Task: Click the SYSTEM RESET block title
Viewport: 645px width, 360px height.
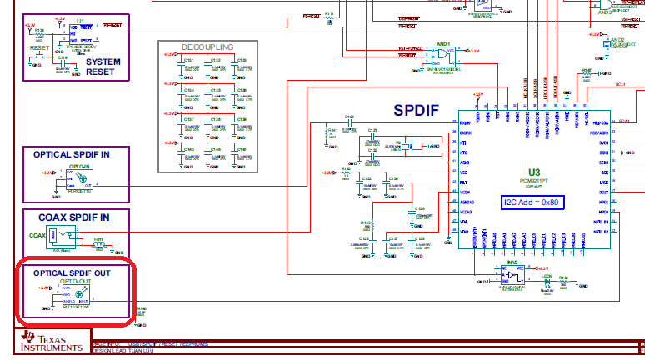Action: tap(102, 66)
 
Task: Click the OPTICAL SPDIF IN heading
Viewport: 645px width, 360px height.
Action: tap(71, 154)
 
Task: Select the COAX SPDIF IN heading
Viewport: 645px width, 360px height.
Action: tap(73, 217)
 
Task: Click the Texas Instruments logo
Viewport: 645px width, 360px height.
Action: tap(52, 342)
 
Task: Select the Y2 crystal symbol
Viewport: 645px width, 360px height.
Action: tap(405, 147)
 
